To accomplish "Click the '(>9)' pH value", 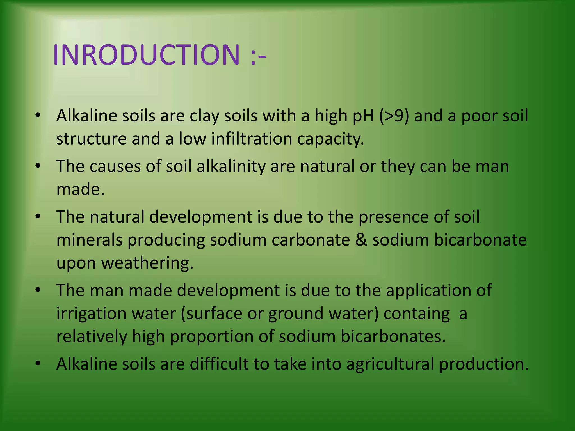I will (x=394, y=116).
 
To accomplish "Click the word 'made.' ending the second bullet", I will (x=80, y=189).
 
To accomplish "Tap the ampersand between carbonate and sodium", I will (x=361, y=240).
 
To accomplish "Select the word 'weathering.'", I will (x=147, y=263).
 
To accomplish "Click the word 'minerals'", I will (x=89, y=240).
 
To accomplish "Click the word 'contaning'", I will (x=417, y=313).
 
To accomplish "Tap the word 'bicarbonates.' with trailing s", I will (x=393, y=336).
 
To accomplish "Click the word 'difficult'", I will (x=219, y=364).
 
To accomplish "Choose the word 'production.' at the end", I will (x=484, y=364).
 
